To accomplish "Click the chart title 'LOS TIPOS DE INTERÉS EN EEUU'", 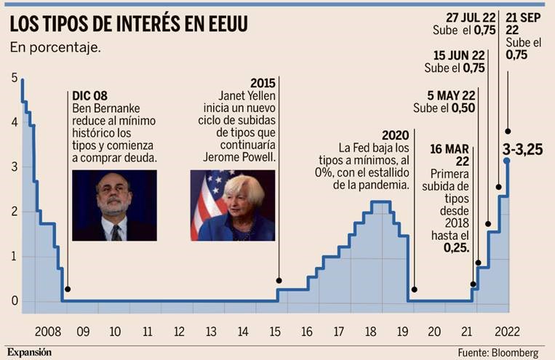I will click(x=128, y=23).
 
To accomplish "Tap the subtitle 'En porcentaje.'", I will click(x=55, y=48).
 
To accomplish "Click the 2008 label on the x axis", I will click(x=47, y=332).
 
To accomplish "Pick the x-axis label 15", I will click(x=275, y=332).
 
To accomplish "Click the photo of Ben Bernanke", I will click(x=115, y=205).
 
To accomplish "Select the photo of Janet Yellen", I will click(x=232, y=205).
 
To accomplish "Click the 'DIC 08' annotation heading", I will click(x=91, y=95).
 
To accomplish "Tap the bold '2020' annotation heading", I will click(x=396, y=135).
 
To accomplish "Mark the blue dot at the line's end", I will click(x=506, y=161).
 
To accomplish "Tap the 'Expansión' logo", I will click(x=31, y=352).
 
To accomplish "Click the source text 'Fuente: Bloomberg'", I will click(x=499, y=352).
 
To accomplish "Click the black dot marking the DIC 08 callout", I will click(x=68, y=289).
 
